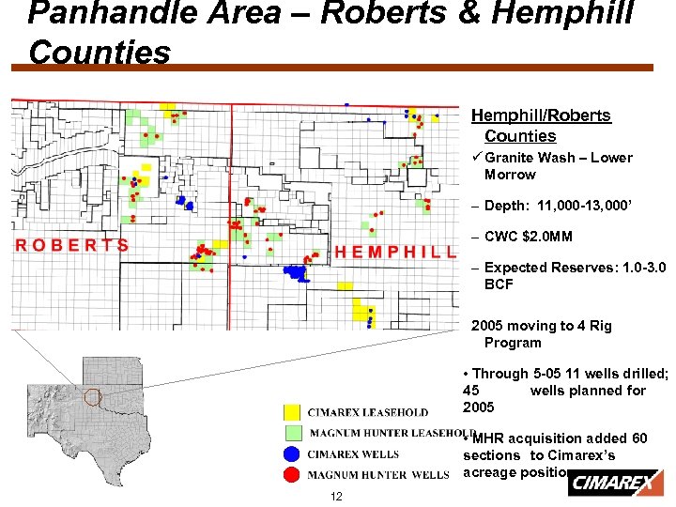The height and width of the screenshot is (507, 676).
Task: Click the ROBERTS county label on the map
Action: tap(72, 245)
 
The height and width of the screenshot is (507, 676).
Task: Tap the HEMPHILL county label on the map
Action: tap(395, 253)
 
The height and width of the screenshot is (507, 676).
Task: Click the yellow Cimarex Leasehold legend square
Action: tap(293, 412)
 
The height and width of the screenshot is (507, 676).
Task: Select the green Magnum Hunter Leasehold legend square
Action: tap(293, 433)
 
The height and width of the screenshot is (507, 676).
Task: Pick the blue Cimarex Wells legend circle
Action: tap(293, 454)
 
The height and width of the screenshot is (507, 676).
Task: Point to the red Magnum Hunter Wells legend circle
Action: tap(293, 474)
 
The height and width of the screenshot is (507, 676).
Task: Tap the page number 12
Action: tap(336, 496)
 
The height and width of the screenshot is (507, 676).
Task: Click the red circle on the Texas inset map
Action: tap(92, 397)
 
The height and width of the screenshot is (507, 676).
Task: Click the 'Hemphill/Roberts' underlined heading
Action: tap(541, 115)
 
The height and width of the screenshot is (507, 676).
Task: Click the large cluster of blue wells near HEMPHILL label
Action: tap(297, 272)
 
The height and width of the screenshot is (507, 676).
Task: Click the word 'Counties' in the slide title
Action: tap(100, 53)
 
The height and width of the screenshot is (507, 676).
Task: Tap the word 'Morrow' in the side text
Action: tap(510, 175)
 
